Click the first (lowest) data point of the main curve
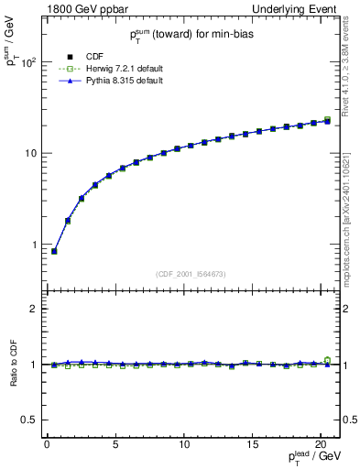tap(54, 251)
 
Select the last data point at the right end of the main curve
tap(327, 120)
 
